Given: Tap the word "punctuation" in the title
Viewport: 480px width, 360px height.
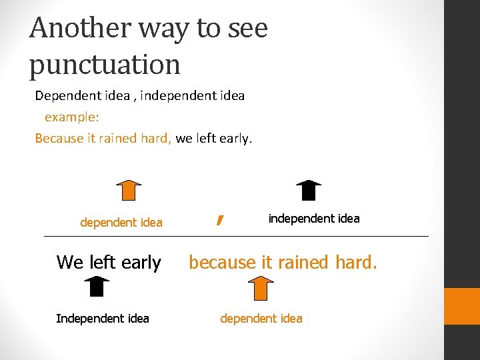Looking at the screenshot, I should point(105,65).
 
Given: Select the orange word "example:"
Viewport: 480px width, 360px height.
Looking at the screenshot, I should point(72,117).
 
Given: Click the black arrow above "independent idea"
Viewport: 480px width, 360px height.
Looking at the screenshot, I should point(308,190).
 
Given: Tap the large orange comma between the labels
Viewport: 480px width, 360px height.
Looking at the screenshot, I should point(219,220).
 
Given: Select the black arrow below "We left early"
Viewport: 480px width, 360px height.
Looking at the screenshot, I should point(97,287).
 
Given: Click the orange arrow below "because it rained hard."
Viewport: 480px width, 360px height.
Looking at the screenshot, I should point(262,289).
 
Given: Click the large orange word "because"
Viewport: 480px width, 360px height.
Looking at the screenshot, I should point(222,263).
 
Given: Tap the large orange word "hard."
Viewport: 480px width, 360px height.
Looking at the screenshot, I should point(355,263).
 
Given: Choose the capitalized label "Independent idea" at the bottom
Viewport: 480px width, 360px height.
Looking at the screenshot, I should point(103,319).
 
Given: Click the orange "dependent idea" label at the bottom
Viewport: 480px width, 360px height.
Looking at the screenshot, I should point(261,319).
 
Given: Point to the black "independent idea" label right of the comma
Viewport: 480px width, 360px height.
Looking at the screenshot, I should point(313,219).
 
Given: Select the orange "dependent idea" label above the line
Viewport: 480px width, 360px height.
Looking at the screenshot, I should point(121,223).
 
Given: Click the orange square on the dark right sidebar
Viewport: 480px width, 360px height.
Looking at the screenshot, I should point(462,306).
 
